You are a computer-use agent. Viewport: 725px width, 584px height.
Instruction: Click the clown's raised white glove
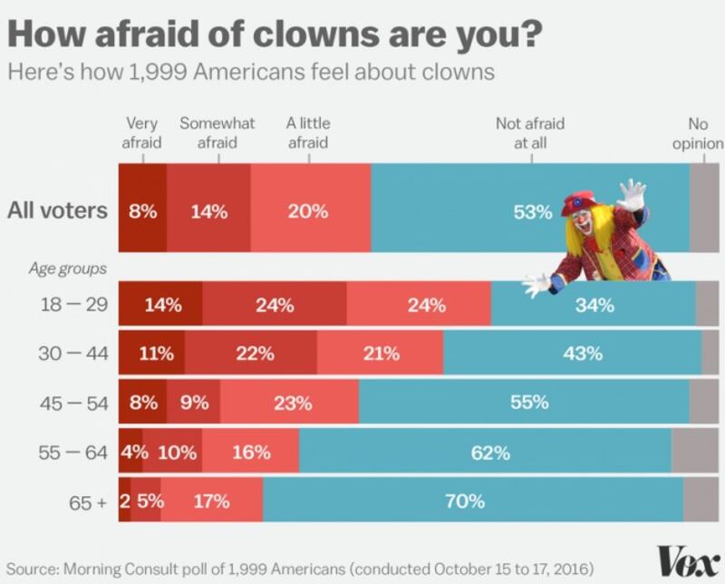tap(631, 194)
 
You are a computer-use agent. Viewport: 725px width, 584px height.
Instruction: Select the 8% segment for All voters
tap(143, 212)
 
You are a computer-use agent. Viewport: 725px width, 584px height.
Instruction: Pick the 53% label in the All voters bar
tap(533, 212)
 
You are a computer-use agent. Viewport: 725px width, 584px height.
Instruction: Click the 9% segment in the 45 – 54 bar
tap(193, 403)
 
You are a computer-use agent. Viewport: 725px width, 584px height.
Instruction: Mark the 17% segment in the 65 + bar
tap(212, 501)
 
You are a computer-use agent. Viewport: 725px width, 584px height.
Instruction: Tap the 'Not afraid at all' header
tap(532, 132)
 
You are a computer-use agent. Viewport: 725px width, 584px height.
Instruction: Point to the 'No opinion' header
tap(699, 132)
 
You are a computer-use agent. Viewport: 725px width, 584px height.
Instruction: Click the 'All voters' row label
tap(57, 212)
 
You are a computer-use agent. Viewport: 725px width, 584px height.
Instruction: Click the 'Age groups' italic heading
tap(68, 268)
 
